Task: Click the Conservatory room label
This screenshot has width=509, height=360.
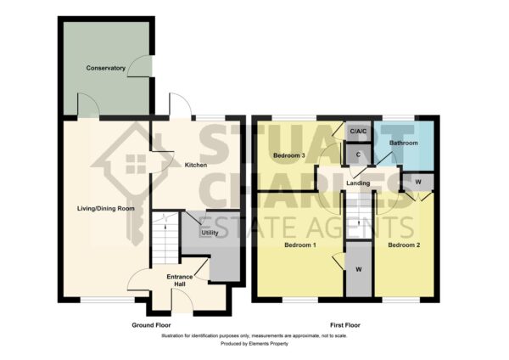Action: (105, 68)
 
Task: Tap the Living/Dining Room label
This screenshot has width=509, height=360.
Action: (106, 209)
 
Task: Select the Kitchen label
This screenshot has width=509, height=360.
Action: (196, 165)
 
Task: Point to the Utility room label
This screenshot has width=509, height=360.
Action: (210, 233)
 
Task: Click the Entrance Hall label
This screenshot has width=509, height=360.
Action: (180, 280)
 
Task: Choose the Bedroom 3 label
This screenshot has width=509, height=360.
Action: (289, 155)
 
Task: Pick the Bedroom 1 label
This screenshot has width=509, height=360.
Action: (300, 245)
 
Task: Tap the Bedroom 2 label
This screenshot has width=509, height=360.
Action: (404, 245)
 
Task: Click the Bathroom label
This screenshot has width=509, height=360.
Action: (404, 143)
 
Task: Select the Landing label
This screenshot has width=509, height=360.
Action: (358, 183)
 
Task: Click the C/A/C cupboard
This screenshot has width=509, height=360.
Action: (358, 132)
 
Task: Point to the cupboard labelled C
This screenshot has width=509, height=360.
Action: (358, 155)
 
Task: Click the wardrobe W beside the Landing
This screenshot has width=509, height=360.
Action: (418, 183)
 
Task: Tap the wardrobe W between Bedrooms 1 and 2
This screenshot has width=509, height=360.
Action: (359, 269)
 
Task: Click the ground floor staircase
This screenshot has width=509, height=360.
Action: (165, 238)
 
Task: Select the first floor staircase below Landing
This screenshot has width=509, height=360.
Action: (359, 216)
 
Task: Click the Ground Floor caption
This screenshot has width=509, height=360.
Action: (151, 325)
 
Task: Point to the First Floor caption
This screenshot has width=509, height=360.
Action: (345, 325)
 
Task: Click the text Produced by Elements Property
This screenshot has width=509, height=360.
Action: (255, 343)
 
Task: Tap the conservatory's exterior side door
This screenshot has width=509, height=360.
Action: (140, 66)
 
